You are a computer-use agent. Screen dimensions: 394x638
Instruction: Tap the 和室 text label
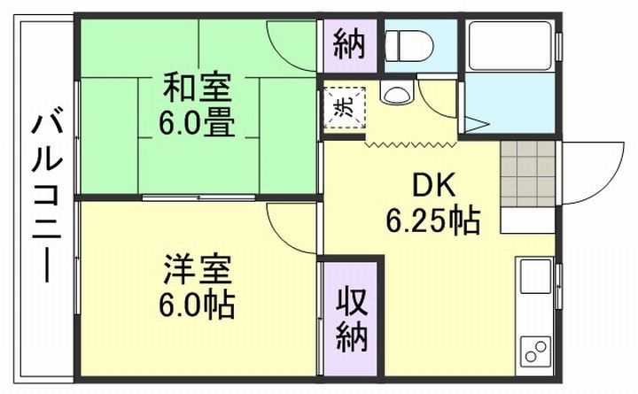197,89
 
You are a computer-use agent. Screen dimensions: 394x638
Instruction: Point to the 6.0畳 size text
197,123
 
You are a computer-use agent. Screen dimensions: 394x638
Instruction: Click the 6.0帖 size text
197,304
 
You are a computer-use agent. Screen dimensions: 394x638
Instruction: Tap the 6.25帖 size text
432,220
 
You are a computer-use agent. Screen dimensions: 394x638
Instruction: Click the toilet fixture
409,42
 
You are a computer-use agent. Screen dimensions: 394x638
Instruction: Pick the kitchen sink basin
535,278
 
